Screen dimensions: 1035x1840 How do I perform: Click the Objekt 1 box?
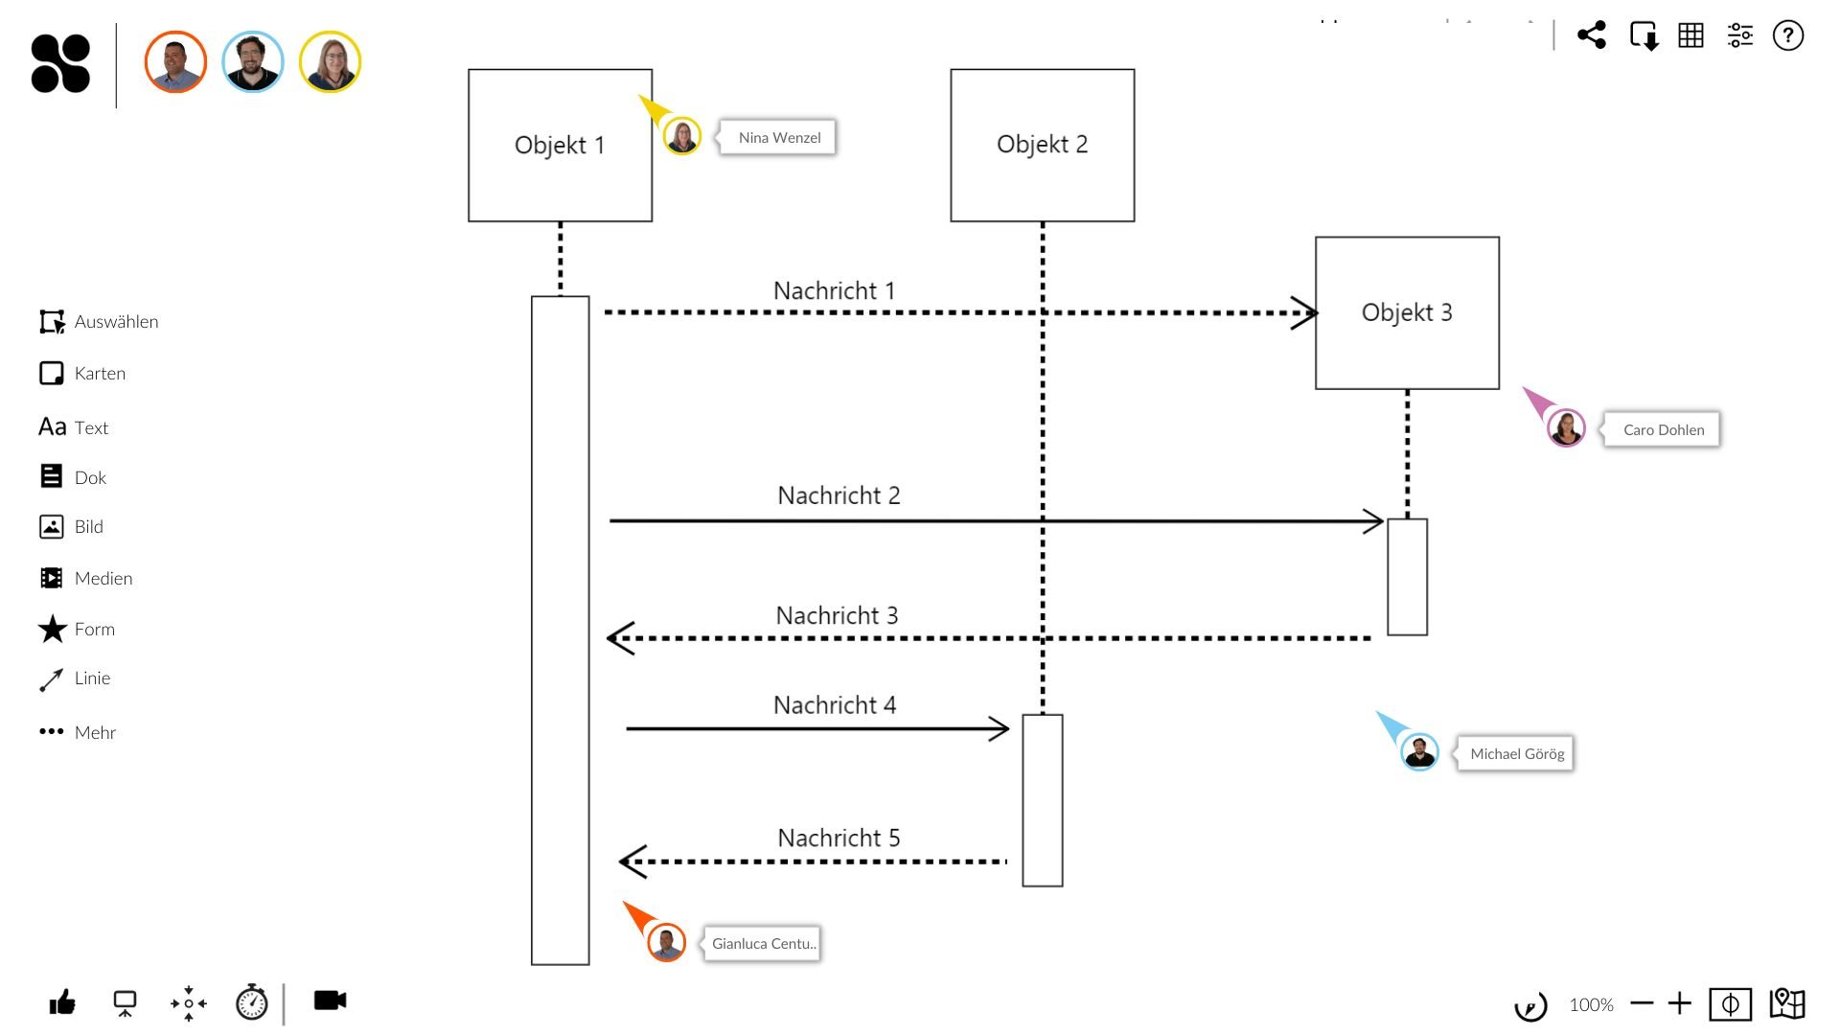pos(560,145)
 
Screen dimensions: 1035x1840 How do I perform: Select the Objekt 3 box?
pos(1406,312)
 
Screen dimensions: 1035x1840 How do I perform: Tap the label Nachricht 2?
pos(839,495)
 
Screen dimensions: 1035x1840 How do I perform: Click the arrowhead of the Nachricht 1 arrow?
pos(1305,312)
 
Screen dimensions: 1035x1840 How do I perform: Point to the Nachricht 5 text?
pos(839,838)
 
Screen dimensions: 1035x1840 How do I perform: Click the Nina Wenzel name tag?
pos(778,138)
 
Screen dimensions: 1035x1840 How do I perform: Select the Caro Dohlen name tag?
pos(1663,429)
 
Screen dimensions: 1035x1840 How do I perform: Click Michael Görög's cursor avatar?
pos(1418,752)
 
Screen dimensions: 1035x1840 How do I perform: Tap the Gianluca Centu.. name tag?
pos(763,943)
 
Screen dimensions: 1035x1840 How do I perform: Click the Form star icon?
pos(52,629)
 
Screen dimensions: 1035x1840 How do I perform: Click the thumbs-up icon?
pos(62,1002)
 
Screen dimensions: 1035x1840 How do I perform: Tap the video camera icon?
pos(330,1000)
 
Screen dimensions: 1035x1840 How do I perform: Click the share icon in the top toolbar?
pos(1591,35)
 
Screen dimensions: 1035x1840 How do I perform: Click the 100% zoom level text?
pos(1591,1004)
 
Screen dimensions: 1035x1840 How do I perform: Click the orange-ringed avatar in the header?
pos(175,62)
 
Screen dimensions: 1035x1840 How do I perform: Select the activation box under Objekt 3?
pos(1407,577)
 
